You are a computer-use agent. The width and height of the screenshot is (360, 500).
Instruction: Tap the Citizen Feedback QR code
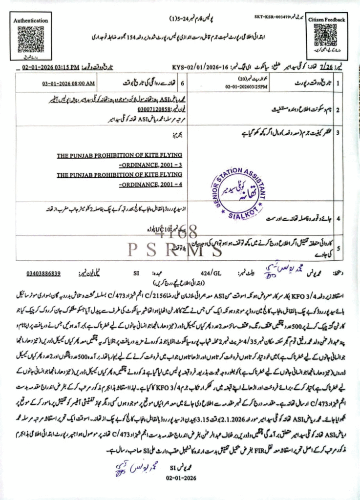pyautogui.click(x=325, y=34)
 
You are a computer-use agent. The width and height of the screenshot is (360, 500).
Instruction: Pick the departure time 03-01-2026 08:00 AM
pyautogui.click(x=65, y=83)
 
